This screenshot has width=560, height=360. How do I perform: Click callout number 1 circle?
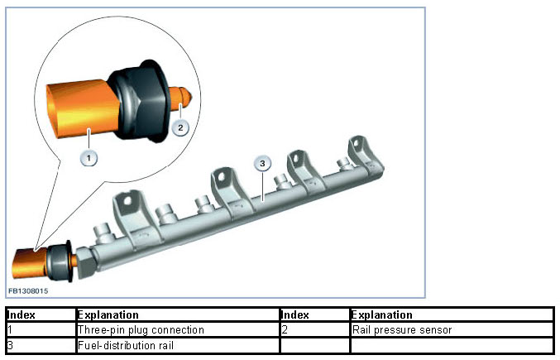(x=89, y=155)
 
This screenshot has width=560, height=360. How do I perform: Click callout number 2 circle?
(x=182, y=127)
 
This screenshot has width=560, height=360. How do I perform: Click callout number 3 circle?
(x=261, y=164)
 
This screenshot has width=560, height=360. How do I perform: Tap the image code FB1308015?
(x=29, y=291)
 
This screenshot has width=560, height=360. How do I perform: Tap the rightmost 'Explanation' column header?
(x=381, y=314)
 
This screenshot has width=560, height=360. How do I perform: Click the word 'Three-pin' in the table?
(x=97, y=329)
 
